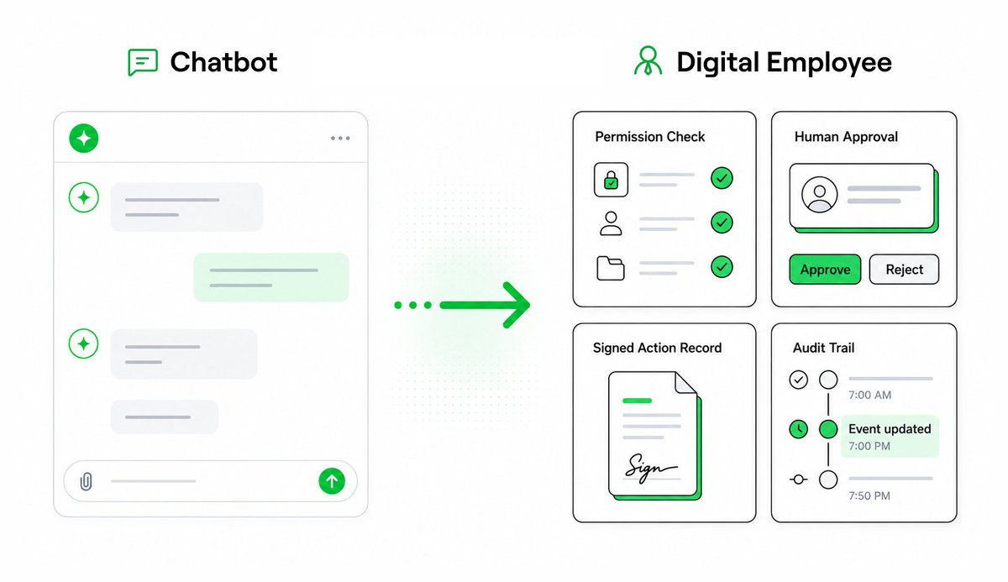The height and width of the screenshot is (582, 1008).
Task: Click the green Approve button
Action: (825, 270)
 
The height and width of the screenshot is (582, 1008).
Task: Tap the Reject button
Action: (904, 270)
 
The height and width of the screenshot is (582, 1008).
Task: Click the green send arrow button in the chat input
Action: (332, 481)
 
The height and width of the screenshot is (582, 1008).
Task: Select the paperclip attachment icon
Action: (86, 481)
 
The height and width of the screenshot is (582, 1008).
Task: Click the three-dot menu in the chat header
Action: (340, 138)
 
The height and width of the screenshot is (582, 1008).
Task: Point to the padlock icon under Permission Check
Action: (611, 180)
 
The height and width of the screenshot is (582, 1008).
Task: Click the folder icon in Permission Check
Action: (610, 269)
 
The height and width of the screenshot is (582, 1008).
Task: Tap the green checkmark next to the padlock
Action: (722, 178)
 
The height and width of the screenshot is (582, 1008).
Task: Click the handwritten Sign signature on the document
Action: (650, 468)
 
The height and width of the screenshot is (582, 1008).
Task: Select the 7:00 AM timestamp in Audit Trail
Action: (869, 395)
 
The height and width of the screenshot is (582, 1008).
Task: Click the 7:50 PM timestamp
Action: (869, 495)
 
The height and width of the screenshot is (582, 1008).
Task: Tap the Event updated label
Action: (890, 429)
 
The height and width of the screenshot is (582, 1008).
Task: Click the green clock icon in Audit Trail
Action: (798, 429)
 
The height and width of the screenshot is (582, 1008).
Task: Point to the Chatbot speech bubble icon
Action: (143, 62)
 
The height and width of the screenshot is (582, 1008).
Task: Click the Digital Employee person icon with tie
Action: (648, 60)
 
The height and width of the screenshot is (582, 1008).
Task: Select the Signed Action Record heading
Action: (657, 348)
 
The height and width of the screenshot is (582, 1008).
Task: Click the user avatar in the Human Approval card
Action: (820, 194)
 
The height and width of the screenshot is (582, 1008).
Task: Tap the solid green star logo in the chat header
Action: (84, 138)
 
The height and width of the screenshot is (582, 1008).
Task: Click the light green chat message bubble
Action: (271, 277)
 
